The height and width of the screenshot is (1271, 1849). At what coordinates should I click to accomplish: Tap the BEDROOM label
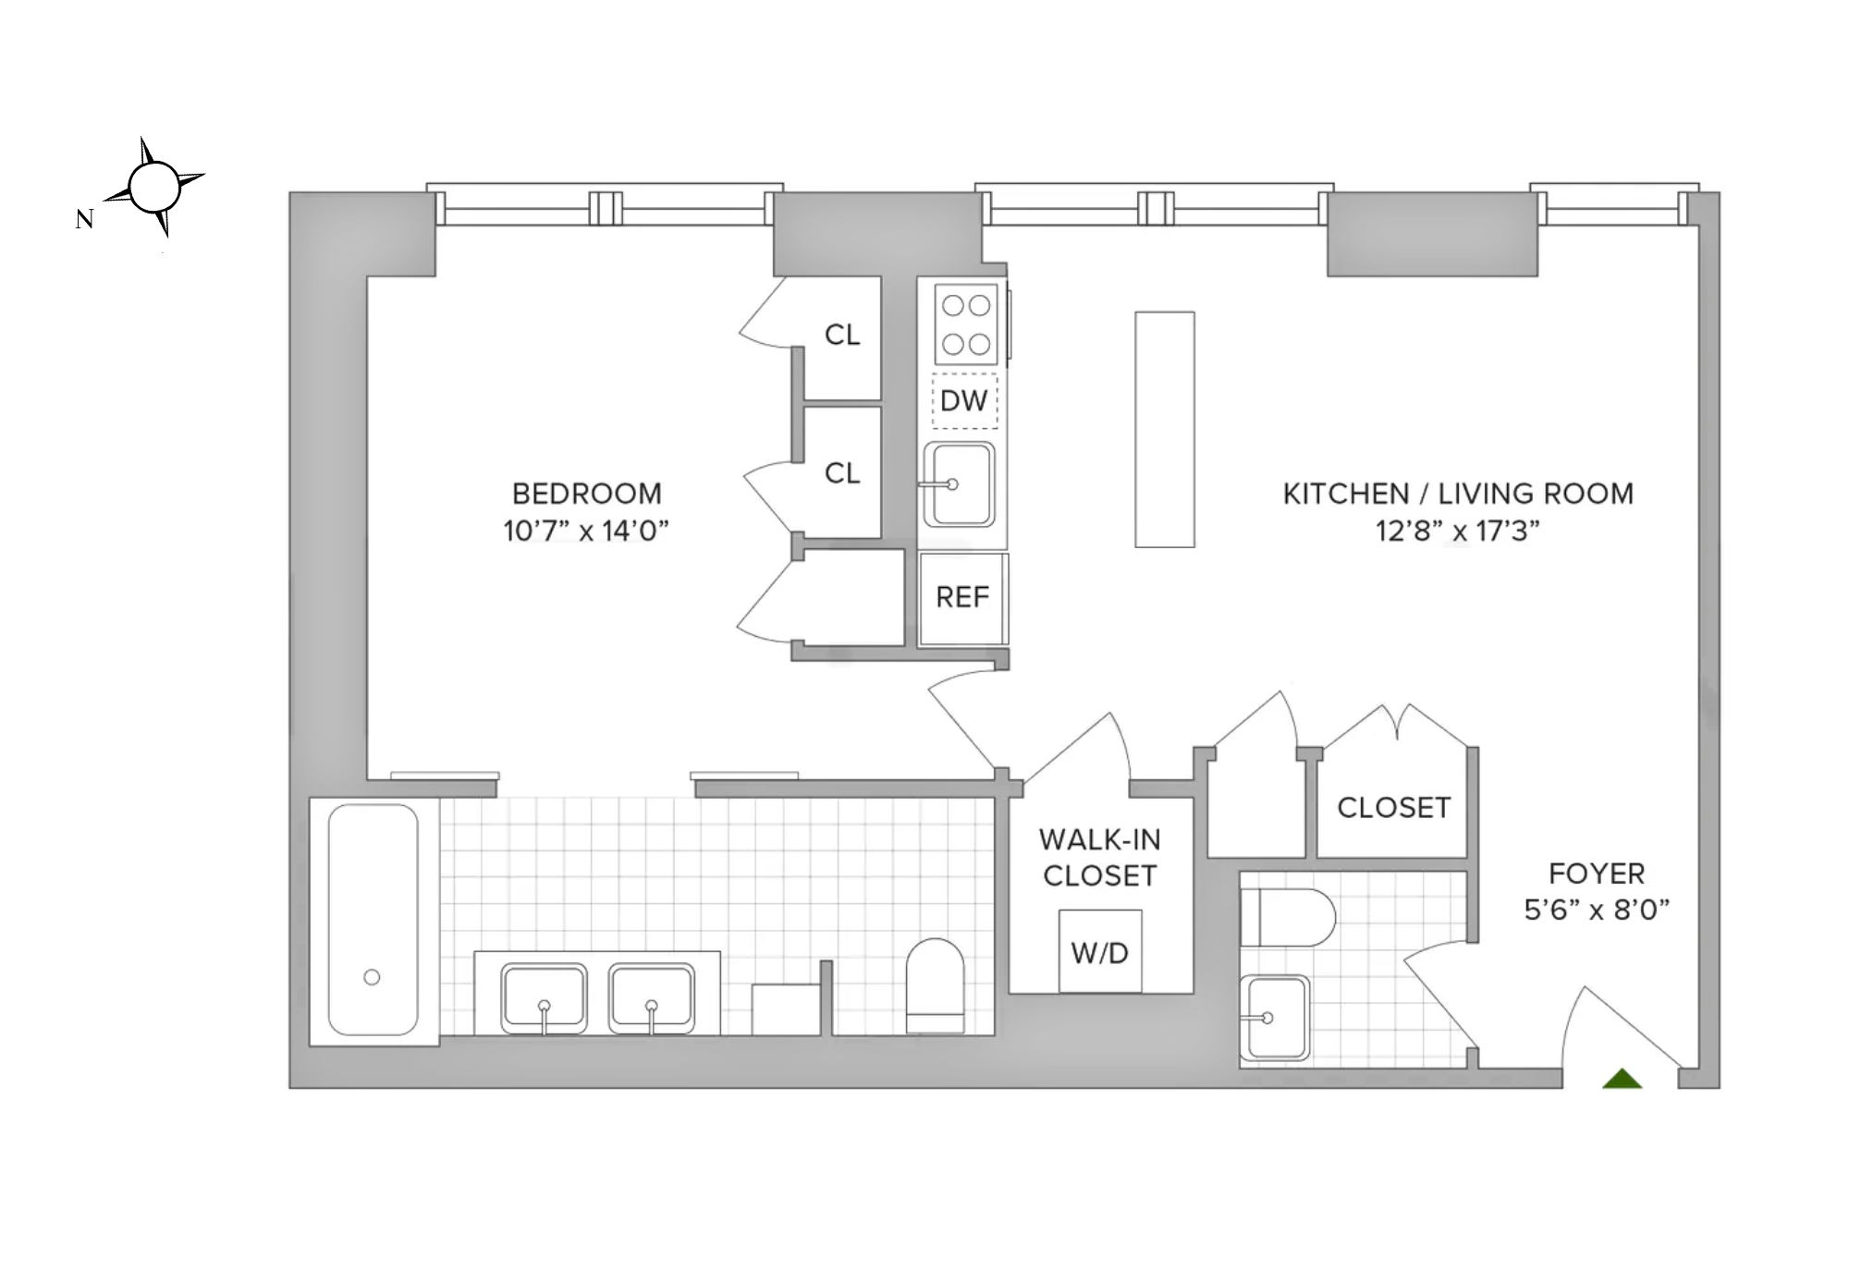[586, 494]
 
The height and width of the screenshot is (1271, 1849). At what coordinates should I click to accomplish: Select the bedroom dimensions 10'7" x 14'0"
[585, 532]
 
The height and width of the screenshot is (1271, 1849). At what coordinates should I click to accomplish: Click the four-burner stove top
[965, 324]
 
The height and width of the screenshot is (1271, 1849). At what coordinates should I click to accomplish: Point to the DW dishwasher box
[964, 401]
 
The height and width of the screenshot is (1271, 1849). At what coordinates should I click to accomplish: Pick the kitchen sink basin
[959, 484]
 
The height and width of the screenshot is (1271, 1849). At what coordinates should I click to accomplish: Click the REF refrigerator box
[962, 598]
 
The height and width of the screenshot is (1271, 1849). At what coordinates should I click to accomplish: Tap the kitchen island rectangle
[1164, 430]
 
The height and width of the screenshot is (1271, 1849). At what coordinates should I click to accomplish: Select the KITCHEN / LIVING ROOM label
[1457, 494]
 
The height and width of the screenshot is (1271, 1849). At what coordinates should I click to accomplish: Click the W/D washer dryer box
[1099, 952]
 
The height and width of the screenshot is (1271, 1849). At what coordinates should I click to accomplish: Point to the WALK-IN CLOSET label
[1099, 858]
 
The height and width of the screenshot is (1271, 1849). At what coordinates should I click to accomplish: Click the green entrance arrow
[1622, 1078]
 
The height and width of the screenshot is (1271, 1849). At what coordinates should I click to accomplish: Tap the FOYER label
[1597, 874]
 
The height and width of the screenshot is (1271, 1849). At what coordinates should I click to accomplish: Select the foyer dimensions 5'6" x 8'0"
[1597, 910]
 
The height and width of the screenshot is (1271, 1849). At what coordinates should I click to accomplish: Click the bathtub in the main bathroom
[373, 920]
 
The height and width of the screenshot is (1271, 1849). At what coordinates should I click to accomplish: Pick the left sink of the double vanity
[544, 998]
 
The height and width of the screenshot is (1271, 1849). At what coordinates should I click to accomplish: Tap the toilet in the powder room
[1286, 918]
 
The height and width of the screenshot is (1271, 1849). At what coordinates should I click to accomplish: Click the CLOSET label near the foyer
[1393, 808]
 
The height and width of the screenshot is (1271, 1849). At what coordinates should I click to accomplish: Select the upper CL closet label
[842, 336]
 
